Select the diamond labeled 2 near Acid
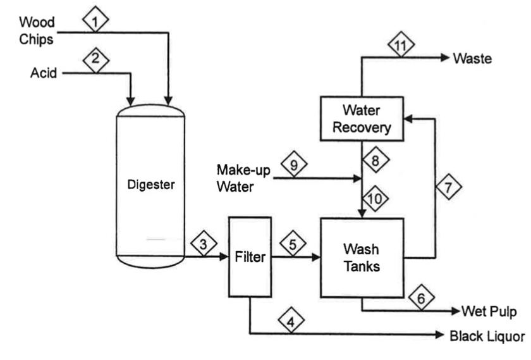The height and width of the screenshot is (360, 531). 95,60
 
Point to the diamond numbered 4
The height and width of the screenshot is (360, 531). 291,321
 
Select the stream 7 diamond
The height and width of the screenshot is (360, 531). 448,188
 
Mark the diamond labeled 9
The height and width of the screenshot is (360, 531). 293,166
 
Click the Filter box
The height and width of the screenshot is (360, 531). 250,256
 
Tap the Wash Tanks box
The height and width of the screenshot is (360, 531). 362,257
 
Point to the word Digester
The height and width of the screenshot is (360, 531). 150,185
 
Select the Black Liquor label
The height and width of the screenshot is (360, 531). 486,335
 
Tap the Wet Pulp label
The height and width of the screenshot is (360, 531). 490,311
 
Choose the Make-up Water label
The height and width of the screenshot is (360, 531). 240,178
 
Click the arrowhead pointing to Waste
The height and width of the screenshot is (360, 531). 444,58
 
